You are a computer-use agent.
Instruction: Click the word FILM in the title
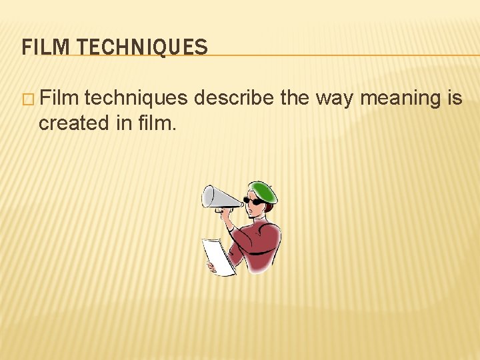45,47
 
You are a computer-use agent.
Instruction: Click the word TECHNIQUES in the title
143,47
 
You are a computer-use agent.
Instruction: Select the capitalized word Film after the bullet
60,99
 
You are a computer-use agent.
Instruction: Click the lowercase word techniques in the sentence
137,99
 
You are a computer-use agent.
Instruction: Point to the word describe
235,99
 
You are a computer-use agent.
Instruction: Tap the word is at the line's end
455,99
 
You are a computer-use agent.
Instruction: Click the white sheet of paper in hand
218,257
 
